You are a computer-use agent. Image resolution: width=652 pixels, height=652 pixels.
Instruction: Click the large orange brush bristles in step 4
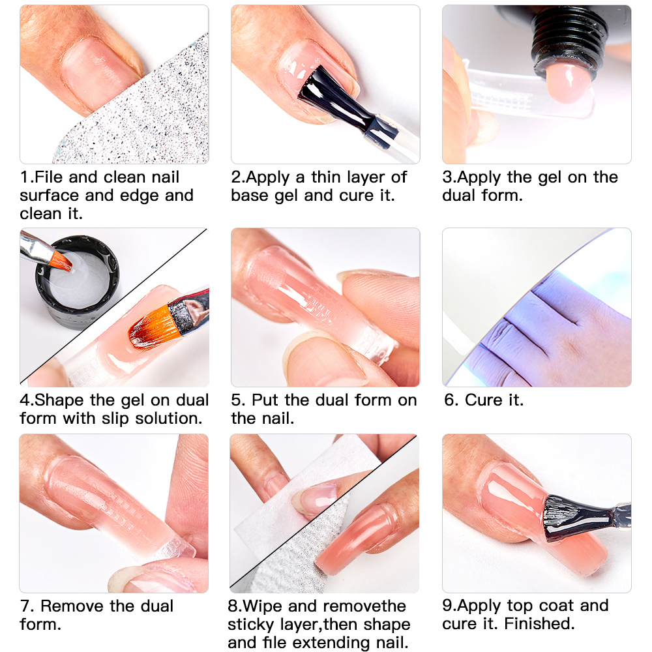[x=151, y=328]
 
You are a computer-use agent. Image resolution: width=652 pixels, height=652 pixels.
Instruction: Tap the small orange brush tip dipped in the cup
[x=61, y=261]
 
